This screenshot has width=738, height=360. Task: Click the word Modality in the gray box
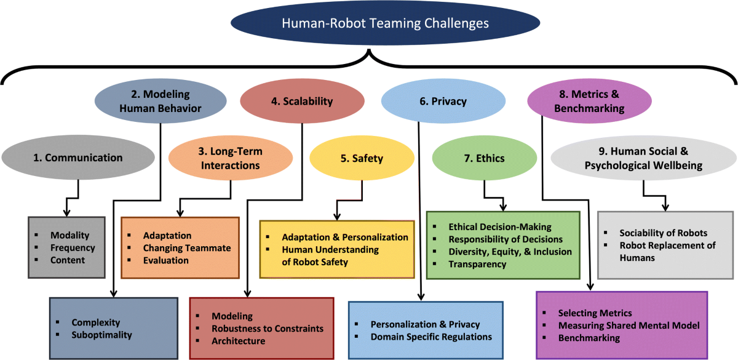[x=69, y=235]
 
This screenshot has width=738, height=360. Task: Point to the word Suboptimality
[x=101, y=335]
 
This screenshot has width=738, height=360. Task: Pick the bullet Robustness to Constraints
[x=268, y=329]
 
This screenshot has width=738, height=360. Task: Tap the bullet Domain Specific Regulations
[x=431, y=337]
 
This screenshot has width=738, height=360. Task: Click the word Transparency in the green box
[x=477, y=264]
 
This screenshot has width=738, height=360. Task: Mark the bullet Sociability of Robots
[x=663, y=233]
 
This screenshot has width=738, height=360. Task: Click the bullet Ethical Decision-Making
[x=500, y=227]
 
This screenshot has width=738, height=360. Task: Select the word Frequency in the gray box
[x=73, y=247]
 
